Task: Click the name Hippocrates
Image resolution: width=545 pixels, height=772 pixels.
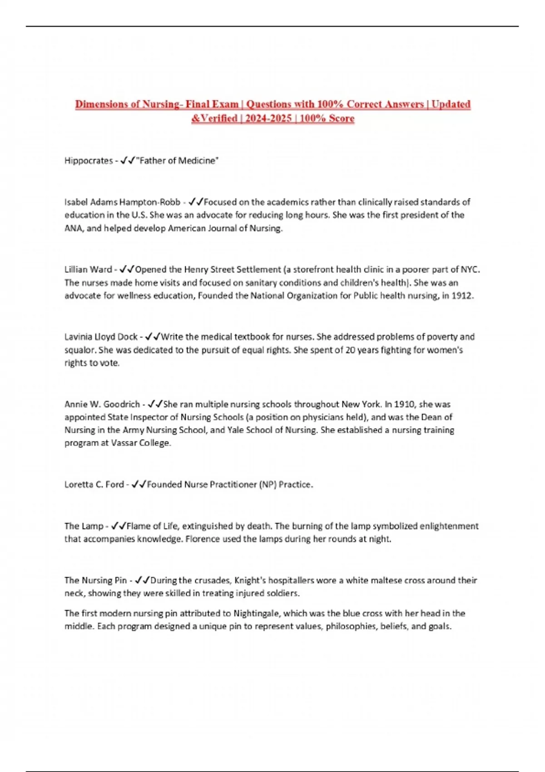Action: click(88, 161)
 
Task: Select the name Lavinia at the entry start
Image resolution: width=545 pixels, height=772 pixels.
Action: click(78, 337)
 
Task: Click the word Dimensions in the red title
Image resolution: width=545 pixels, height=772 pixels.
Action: click(101, 104)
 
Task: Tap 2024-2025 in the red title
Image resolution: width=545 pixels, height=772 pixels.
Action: click(268, 119)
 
